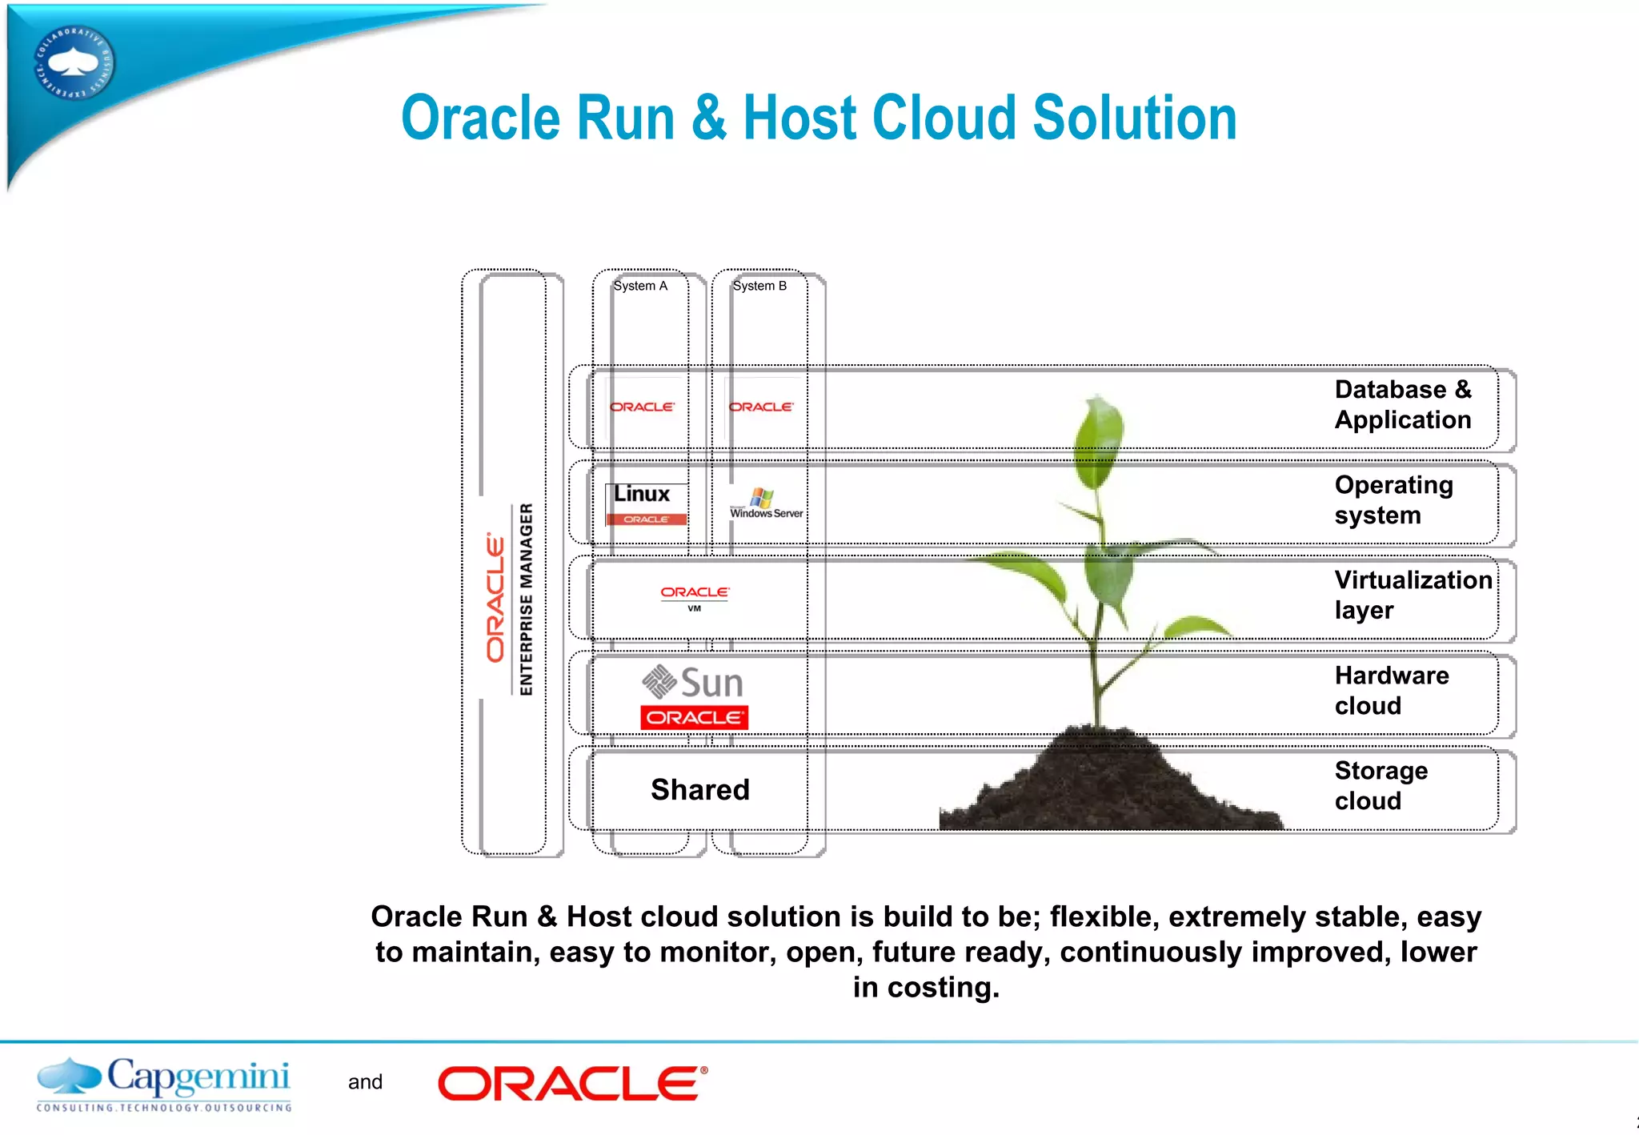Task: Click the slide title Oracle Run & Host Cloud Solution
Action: click(x=819, y=118)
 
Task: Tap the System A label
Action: click(x=640, y=286)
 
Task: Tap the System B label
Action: click(x=759, y=286)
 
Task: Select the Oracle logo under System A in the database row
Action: click(x=642, y=407)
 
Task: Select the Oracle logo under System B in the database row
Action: click(x=761, y=407)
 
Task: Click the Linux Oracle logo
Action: click(x=645, y=504)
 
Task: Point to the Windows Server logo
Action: click(x=766, y=504)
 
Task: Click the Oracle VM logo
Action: click(x=695, y=597)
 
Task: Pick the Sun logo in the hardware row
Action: click(x=693, y=683)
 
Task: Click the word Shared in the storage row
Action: click(x=700, y=790)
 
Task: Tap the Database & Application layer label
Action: click(x=1402, y=404)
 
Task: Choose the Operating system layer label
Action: click(x=1393, y=499)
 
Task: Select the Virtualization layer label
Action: click(x=1413, y=595)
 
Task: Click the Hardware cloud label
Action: click(x=1391, y=690)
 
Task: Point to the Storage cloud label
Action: click(x=1381, y=785)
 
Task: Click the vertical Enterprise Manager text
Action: click(x=526, y=599)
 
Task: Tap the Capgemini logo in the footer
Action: click(x=164, y=1084)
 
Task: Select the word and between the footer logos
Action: click(x=365, y=1082)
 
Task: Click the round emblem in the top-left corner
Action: click(x=74, y=63)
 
